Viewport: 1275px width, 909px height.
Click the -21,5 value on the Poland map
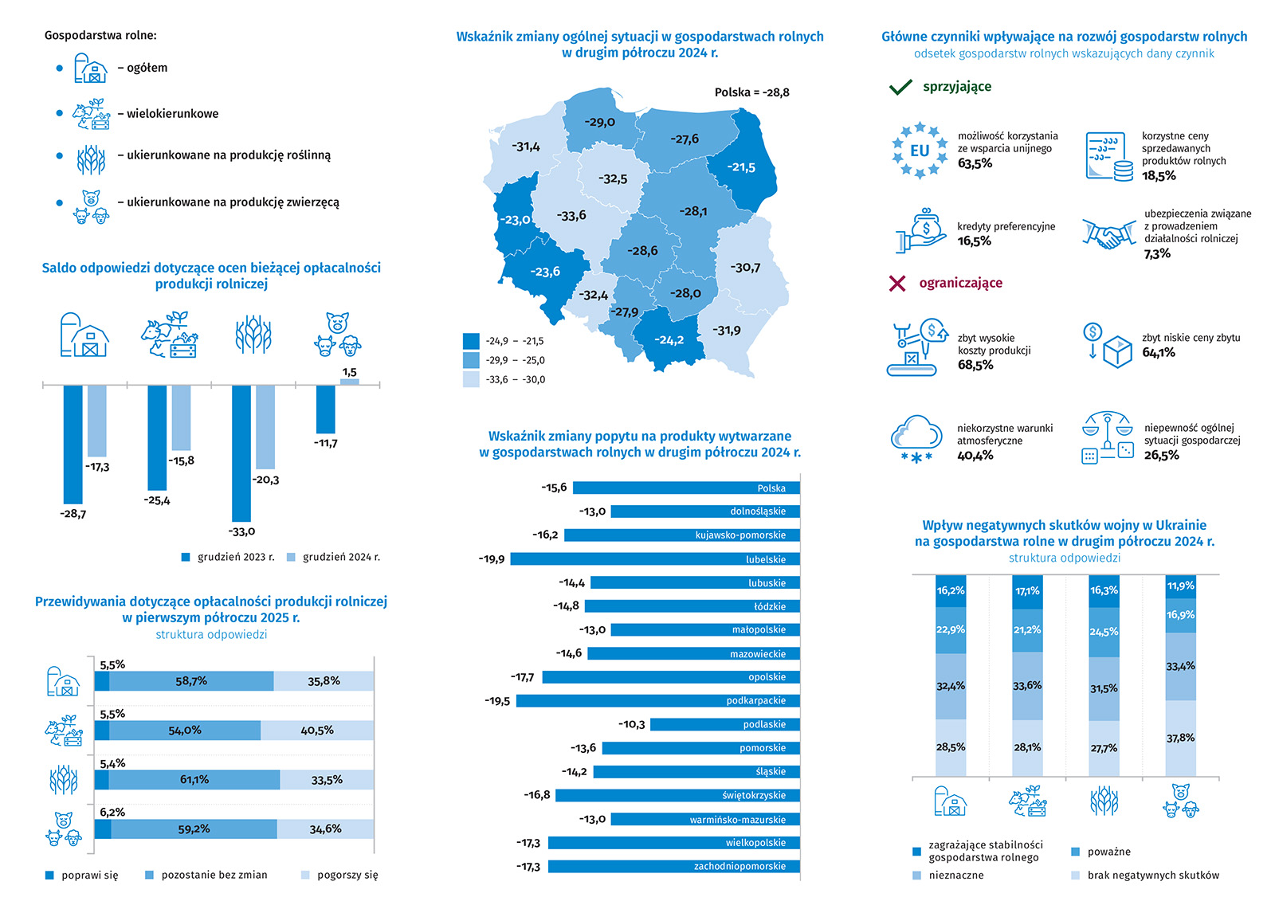click(x=741, y=167)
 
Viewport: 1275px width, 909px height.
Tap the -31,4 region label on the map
click(x=526, y=147)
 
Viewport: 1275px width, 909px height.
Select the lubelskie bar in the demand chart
click(x=655, y=559)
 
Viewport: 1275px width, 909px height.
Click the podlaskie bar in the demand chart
click(x=725, y=724)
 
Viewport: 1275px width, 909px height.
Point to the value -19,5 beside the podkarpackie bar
click(x=497, y=701)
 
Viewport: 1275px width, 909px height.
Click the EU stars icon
click(x=920, y=150)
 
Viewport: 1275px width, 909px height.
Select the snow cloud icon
click(x=916, y=439)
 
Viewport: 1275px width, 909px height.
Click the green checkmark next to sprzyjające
click(x=900, y=87)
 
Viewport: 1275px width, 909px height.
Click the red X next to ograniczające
click(x=897, y=283)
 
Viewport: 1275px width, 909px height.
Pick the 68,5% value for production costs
click(x=975, y=365)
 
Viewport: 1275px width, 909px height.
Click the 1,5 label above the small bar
click(x=349, y=372)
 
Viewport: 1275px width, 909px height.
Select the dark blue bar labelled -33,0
click(x=241, y=453)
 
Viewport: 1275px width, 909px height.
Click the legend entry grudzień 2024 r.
click(x=334, y=557)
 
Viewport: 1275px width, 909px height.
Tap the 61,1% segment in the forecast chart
click(x=194, y=780)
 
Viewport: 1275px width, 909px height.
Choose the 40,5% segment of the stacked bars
click(x=317, y=731)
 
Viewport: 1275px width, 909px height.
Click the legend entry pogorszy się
click(x=339, y=875)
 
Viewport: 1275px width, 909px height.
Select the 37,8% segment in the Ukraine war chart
click(x=1180, y=739)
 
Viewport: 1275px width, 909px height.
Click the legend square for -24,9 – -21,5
click(x=471, y=341)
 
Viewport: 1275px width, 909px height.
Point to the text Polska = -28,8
click(x=751, y=92)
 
